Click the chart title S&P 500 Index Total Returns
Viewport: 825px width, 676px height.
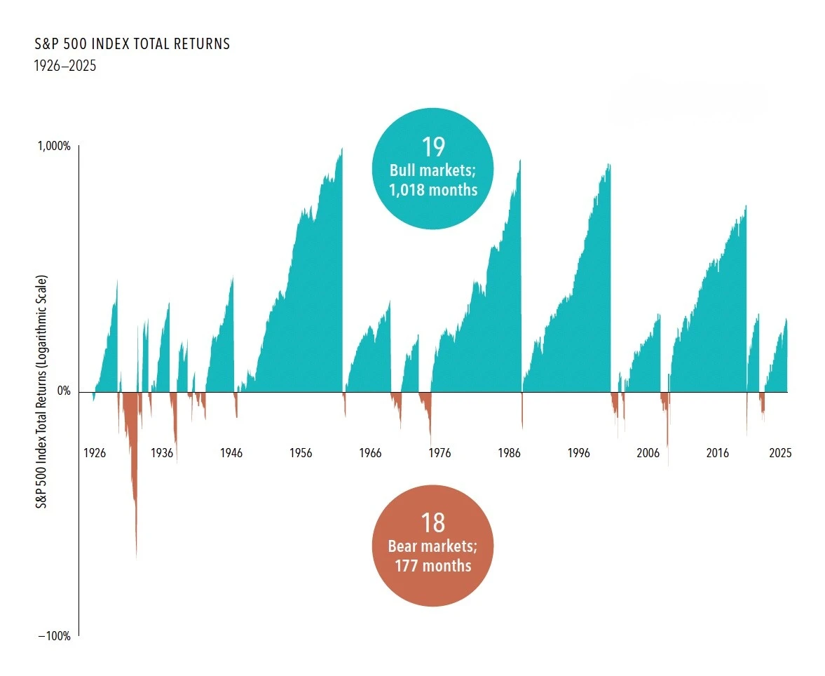[x=132, y=44]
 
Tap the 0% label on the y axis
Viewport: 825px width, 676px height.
[x=63, y=391]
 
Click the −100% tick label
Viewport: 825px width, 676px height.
[x=54, y=636]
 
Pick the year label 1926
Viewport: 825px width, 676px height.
[x=94, y=453]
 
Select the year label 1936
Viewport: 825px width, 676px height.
[x=162, y=453]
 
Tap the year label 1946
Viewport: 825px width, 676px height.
[x=231, y=453]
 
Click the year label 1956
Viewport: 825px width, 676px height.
[x=300, y=453]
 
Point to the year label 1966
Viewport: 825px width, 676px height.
[x=369, y=453]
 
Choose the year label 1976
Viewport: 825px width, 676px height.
[x=439, y=453]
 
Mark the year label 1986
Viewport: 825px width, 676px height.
[x=508, y=453]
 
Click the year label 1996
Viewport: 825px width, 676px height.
[x=578, y=453]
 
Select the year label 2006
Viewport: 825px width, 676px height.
[x=648, y=453]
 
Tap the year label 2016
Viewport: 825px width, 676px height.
[x=717, y=453]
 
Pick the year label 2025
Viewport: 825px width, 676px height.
[x=779, y=453]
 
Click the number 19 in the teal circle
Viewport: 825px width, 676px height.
[x=433, y=147]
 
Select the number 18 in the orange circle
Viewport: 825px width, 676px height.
[x=433, y=523]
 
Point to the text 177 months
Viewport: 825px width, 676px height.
[x=433, y=565]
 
